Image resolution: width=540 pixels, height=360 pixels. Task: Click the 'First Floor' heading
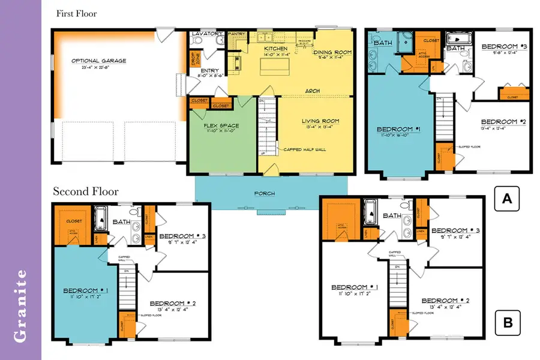tap(76, 13)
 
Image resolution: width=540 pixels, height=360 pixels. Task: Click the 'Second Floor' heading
tap(86, 191)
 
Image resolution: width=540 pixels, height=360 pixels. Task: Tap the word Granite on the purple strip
tap(20, 306)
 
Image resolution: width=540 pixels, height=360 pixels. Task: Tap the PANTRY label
tap(237, 34)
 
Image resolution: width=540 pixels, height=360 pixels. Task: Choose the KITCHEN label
tap(276, 48)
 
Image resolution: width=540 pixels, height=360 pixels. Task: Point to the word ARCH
tap(312, 91)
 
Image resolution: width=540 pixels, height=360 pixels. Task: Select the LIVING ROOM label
tap(320, 121)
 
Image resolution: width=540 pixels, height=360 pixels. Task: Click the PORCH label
tap(265, 193)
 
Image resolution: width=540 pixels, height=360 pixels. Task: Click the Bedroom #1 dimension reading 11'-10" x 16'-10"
tap(395, 136)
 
